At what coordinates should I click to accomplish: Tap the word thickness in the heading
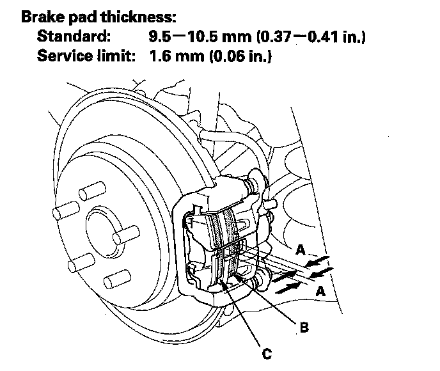(138, 17)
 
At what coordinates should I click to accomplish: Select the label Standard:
(74, 36)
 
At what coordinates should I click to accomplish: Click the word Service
(65, 56)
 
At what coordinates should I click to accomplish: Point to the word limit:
(116, 56)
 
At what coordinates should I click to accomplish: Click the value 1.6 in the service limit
(160, 56)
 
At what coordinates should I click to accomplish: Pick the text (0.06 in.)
(240, 56)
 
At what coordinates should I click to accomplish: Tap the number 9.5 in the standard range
(160, 36)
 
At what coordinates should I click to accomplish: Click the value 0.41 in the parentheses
(323, 36)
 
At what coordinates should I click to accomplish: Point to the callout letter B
(304, 328)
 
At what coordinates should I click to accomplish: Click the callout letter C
(267, 353)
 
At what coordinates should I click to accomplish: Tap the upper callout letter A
(301, 249)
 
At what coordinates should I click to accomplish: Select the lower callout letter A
(320, 291)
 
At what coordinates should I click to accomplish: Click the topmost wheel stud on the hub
(92, 191)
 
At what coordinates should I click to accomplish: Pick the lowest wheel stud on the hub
(117, 279)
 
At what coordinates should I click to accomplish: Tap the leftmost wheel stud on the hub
(66, 210)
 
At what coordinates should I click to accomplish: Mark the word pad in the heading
(82, 17)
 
